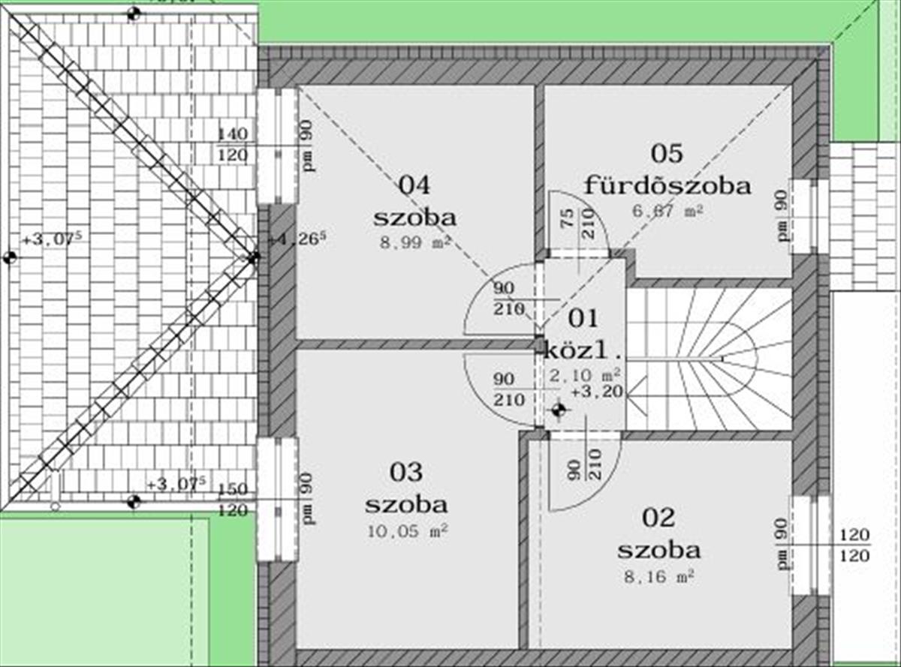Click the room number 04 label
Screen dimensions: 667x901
[414, 185]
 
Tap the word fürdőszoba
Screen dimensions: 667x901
[667, 185]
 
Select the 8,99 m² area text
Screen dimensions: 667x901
[414, 242]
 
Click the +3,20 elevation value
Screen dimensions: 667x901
[597, 391]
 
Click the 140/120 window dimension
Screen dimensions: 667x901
[232, 145]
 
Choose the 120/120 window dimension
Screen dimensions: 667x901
[854, 545]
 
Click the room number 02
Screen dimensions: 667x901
[659, 517]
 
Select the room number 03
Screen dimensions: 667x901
[406, 472]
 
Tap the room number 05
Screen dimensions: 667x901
[667, 154]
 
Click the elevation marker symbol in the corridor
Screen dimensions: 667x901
[558, 410]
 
